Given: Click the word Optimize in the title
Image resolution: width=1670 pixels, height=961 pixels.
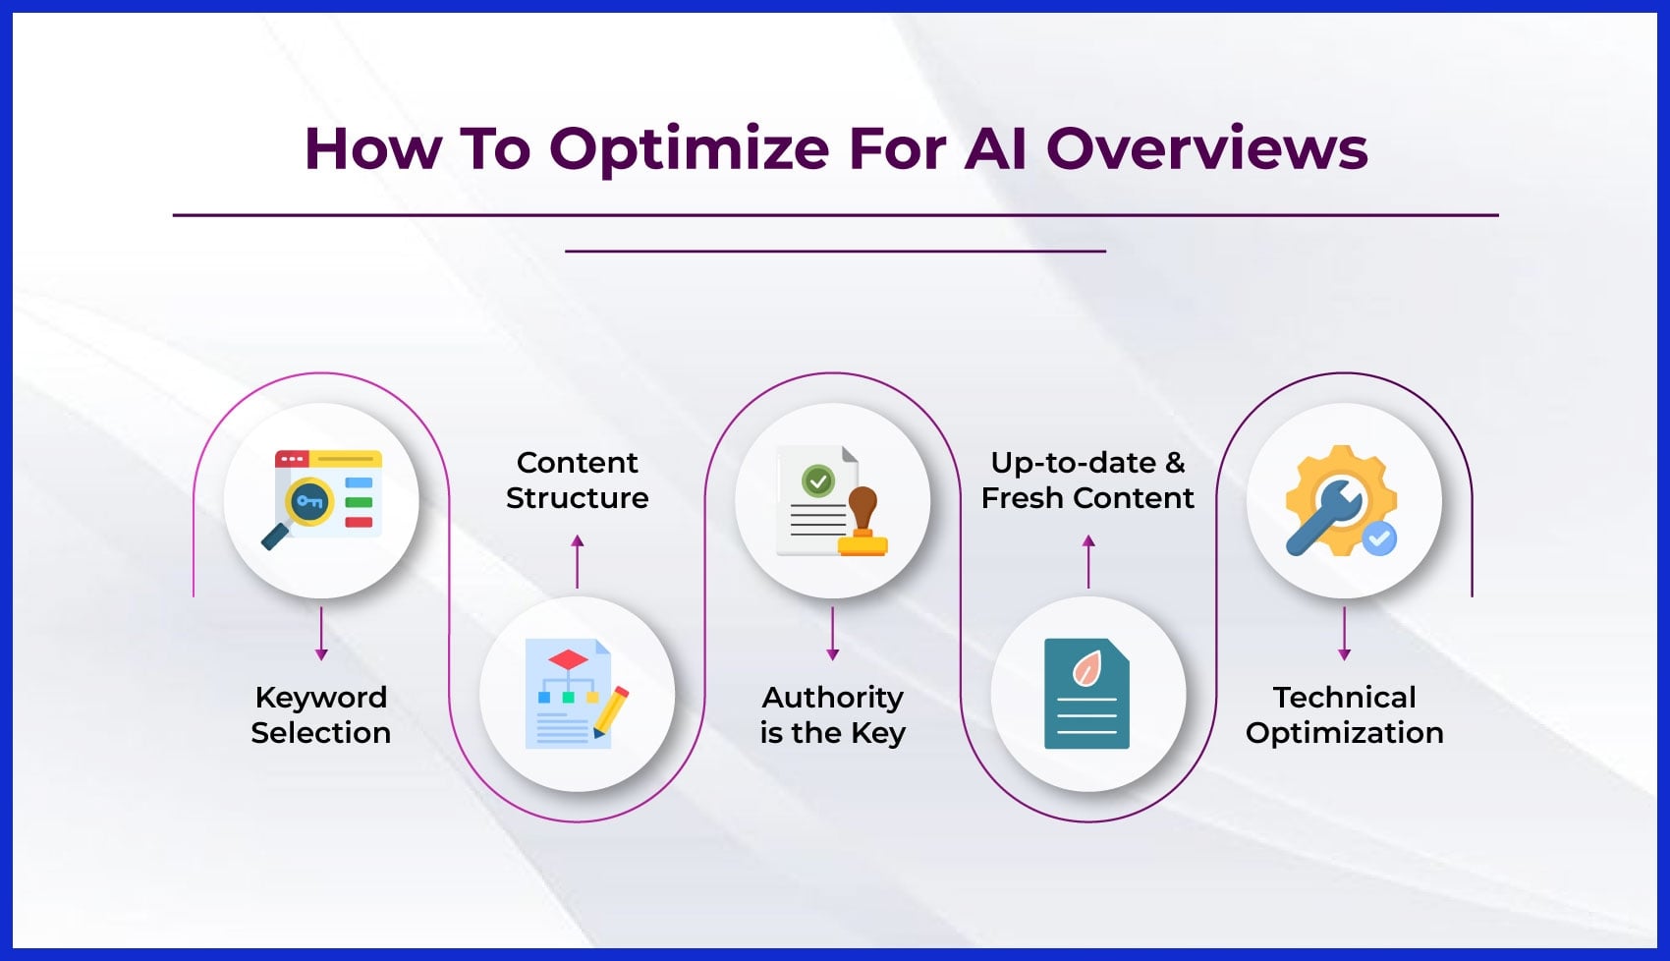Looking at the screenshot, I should coord(689,149).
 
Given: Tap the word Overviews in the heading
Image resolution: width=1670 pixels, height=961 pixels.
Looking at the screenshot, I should coord(1206,149).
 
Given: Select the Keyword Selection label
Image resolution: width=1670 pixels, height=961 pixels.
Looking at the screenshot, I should coord(320,714).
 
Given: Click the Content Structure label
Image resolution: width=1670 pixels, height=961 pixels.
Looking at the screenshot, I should coord(577,480).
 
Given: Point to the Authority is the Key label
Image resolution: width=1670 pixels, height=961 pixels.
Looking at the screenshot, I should coord(832,714).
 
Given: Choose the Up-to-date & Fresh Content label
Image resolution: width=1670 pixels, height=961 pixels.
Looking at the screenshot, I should coord(1087,480).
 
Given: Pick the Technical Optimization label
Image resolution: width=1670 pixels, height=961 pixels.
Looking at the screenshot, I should coord(1344,714).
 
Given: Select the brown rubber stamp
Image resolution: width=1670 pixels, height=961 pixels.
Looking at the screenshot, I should coord(863,522).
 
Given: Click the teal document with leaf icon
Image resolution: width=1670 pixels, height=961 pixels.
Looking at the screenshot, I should coord(1086,694).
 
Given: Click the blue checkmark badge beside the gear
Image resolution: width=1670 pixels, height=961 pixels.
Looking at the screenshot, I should coord(1379,537).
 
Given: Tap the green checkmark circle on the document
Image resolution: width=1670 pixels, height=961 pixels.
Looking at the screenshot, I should coord(817,480).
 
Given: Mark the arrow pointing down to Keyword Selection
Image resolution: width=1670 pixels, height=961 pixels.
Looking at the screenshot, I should coord(321,634).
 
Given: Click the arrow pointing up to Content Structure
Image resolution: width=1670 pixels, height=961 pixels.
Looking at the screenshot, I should coord(577,561).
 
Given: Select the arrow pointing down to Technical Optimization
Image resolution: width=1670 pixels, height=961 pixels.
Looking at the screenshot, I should coord(1344,634).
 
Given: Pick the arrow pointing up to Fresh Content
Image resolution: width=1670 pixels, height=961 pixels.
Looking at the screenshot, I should coord(1088,561).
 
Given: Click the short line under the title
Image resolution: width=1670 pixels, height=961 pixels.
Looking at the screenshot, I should coord(835,252).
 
